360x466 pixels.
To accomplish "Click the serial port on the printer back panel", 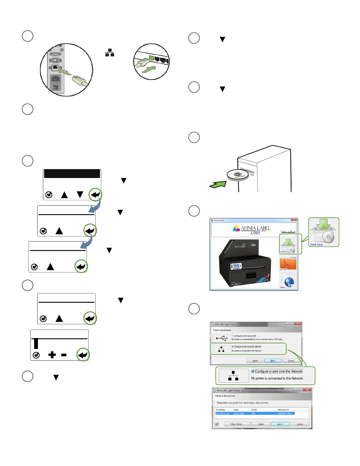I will tap(55, 54).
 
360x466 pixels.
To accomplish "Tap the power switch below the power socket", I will tap(55, 87).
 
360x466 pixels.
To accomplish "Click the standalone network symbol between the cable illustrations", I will tap(110, 53).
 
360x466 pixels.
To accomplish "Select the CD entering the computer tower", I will tap(238, 175).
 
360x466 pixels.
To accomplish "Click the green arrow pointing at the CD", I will tap(218, 184).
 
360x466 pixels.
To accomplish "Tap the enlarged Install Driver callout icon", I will tap(324, 232).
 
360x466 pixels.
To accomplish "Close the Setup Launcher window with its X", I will tap(294, 220).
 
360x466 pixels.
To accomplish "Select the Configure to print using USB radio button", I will tap(232, 336).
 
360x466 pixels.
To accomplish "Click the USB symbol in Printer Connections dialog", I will tap(221, 338).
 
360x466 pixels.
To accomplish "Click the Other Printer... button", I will tap(237, 424).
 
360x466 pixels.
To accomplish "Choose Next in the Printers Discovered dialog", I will tap(280, 424).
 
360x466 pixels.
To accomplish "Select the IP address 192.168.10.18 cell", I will tap(222, 413).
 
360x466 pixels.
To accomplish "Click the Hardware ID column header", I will tap(283, 410).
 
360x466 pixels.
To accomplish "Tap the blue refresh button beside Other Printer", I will tap(217, 424).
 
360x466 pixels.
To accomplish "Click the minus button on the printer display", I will tap(64, 355).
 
